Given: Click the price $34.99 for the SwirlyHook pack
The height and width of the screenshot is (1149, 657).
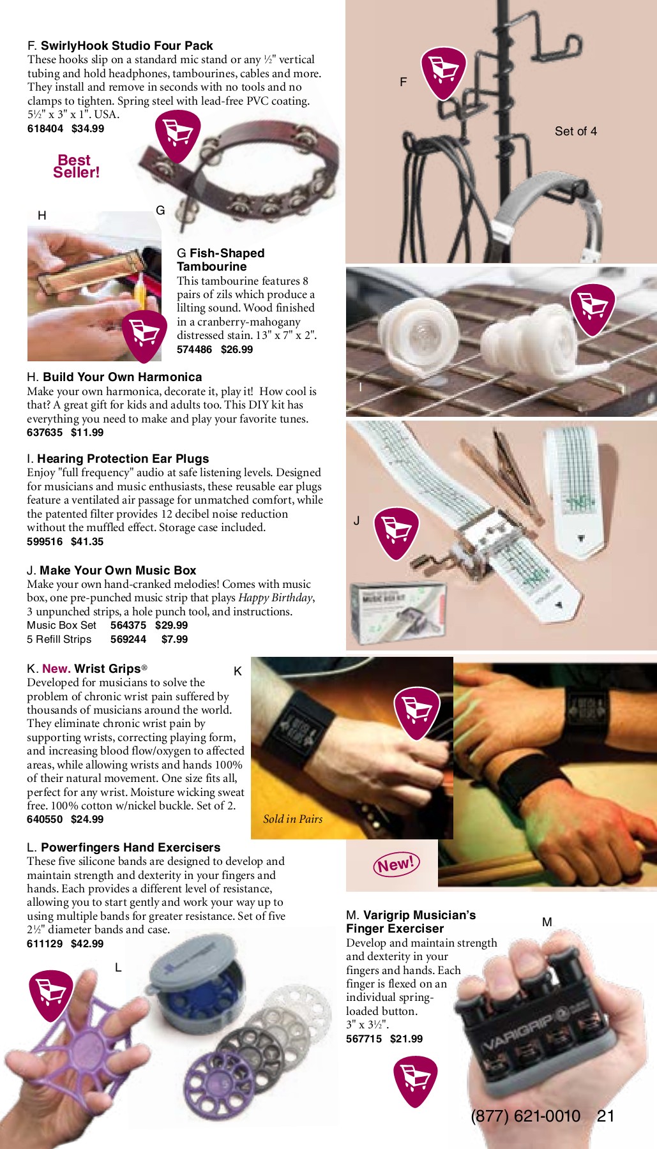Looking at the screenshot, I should click(87, 129).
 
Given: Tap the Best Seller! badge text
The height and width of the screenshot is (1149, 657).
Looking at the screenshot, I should click(77, 167).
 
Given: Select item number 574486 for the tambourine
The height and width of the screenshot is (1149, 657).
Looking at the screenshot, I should click(194, 350).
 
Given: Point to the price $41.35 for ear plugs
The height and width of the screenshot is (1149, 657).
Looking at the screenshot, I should click(87, 542).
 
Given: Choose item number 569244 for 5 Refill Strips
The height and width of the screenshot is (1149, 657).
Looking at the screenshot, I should click(128, 640).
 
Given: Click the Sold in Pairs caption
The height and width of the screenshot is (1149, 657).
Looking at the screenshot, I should click(293, 819).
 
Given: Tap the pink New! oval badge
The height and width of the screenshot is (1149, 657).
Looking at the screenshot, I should click(396, 865).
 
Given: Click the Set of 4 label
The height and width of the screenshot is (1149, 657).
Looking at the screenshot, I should click(575, 131).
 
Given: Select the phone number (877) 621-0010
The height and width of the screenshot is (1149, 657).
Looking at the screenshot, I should click(525, 1116).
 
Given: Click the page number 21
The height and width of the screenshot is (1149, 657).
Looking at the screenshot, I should click(605, 1116).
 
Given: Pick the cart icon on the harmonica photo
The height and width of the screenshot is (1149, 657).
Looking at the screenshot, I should click(144, 333).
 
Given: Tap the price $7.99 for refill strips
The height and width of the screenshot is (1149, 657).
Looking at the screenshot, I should click(174, 640).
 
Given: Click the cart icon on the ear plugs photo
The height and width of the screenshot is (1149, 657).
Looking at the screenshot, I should click(593, 308).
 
